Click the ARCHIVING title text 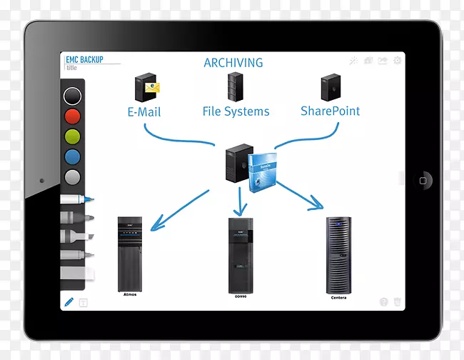click(233, 64)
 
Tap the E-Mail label click(144, 112)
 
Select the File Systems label click(236, 111)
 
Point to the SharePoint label click(330, 111)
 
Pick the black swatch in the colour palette click(72, 96)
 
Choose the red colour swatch click(72, 116)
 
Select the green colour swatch click(72, 137)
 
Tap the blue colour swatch click(72, 157)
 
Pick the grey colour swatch click(72, 177)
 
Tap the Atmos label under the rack click(130, 294)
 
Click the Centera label click(338, 297)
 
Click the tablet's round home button click(426, 179)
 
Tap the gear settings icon click(397, 61)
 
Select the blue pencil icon click(69, 302)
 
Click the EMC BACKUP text click(83, 60)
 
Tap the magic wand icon click(353, 61)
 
